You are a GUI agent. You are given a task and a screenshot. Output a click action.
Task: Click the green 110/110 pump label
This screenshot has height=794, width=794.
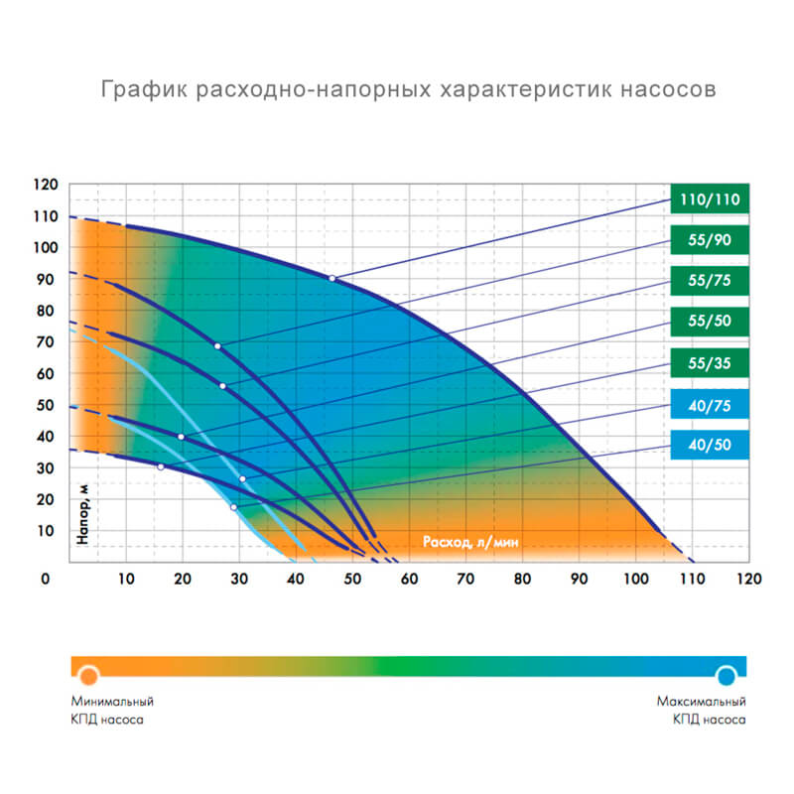point(711,199)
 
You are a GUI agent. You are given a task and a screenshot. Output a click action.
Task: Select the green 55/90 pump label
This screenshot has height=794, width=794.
point(711,241)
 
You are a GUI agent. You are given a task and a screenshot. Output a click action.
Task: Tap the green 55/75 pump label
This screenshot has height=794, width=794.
point(711,281)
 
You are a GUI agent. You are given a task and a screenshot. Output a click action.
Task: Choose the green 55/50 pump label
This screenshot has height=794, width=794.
point(711,322)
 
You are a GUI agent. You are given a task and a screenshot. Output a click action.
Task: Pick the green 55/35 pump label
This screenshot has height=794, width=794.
point(711,362)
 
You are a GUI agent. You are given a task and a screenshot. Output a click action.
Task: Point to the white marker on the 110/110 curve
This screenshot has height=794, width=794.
point(332,279)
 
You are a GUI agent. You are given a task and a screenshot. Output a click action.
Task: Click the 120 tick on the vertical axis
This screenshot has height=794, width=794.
point(46,185)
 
